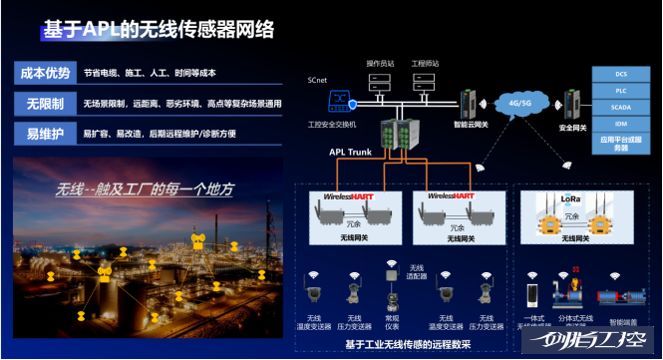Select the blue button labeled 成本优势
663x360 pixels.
point(44,73)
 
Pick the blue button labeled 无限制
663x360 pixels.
point(44,103)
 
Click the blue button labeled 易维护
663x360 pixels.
point(44,133)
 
